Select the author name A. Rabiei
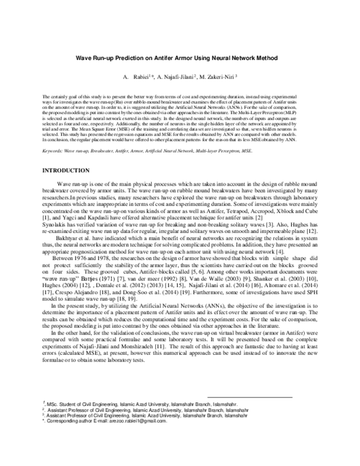[137, 77]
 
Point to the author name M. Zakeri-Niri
[221, 77]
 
